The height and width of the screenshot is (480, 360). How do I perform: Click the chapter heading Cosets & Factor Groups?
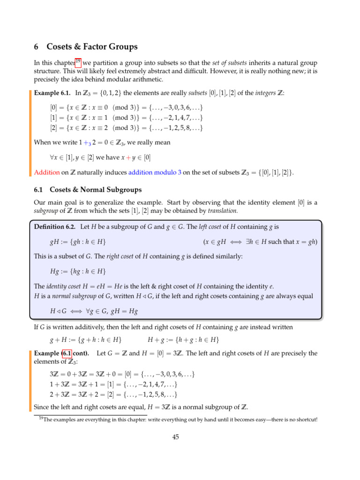pos(93,46)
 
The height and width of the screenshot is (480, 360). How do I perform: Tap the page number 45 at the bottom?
pos(176,437)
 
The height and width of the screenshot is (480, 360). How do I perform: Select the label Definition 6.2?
pos(55,226)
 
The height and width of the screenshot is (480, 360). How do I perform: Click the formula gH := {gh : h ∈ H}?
pos(78,241)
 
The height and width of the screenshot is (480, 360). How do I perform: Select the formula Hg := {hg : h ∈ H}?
pos(78,271)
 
